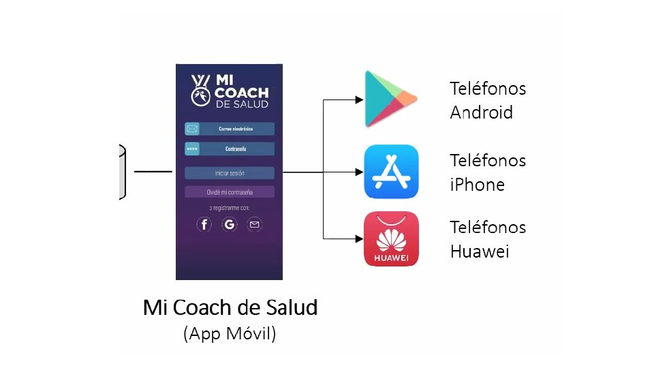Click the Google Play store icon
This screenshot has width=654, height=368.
click(x=390, y=99)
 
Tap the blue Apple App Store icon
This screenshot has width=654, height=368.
click(x=391, y=171)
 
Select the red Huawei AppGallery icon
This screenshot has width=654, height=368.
click(x=391, y=239)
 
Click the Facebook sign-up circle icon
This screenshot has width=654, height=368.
click(x=204, y=224)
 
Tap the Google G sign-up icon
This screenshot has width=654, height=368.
click(x=230, y=224)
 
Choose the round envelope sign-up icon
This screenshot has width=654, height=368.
click(x=254, y=224)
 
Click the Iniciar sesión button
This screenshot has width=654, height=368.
click(x=229, y=173)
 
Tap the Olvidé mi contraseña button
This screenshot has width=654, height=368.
click(x=229, y=192)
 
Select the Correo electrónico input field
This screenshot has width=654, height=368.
click(x=236, y=129)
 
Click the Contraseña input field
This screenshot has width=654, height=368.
click(x=236, y=149)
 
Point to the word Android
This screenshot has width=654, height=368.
click(x=481, y=112)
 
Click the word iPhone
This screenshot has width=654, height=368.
click(x=477, y=185)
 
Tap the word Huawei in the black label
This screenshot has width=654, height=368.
click(x=480, y=251)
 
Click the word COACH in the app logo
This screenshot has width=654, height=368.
click(x=241, y=93)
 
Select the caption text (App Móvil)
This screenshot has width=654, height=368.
click(x=230, y=335)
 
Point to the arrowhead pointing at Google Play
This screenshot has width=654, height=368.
click(x=359, y=99)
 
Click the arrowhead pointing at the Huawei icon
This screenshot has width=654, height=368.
click(x=359, y=239)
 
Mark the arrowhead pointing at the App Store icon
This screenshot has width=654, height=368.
click(x=359, y=172)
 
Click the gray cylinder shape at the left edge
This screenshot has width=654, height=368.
click(x=123, y=172)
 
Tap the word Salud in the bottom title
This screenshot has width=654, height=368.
click(x=292, y=308)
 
